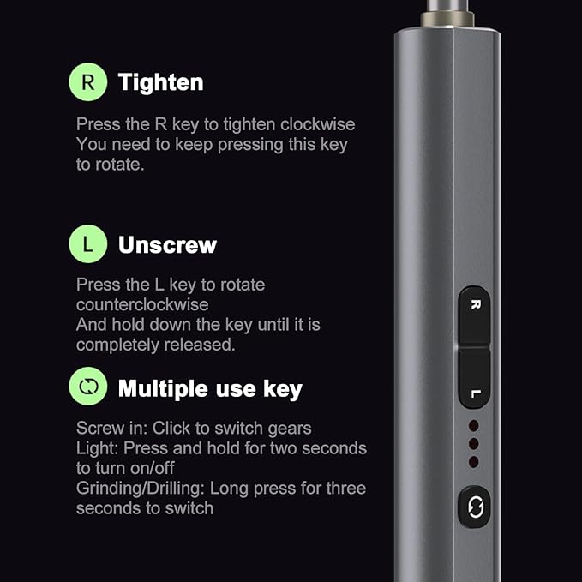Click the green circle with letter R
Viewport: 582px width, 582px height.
(88, 82)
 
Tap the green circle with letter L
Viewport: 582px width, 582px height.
(88, 244)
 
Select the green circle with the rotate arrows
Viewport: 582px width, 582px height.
(88, 387)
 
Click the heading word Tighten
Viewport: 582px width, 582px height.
(161, 82)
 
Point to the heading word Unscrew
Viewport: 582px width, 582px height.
(167, 245)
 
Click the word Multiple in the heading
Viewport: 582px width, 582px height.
(164, 389)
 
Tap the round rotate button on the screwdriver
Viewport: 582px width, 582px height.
(474, 507)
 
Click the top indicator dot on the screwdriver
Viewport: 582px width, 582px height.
(474, 426)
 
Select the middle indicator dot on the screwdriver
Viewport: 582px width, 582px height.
(474, 444)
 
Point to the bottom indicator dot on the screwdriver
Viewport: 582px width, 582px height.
(474, 462)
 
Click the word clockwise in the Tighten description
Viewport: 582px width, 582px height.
(318, 124)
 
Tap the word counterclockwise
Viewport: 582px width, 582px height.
(142, 305)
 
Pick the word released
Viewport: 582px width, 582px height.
(200, 345)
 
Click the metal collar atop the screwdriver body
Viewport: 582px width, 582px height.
(447, 20)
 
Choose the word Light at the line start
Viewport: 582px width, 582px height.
(97, 448)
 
